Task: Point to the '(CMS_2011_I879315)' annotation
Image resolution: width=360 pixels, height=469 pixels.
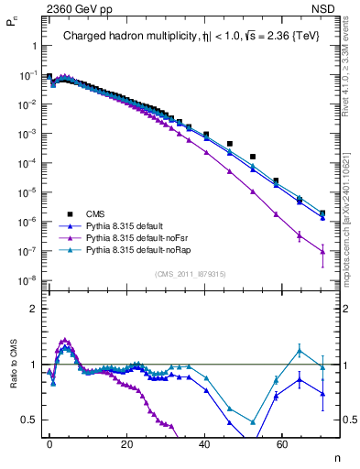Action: [191, 274]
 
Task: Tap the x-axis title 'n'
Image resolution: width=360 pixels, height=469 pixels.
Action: [337, 458]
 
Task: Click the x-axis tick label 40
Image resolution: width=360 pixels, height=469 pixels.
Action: [204, 442]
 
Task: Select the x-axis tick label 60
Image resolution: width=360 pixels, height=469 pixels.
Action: [281, 442]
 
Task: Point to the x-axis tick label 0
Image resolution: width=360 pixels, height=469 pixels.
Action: [49, 442]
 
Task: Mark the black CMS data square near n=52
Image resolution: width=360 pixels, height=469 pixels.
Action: [253, 157]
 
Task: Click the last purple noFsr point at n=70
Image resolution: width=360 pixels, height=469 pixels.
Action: [322, 251]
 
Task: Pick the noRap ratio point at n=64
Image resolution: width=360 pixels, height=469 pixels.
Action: [299, 350]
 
